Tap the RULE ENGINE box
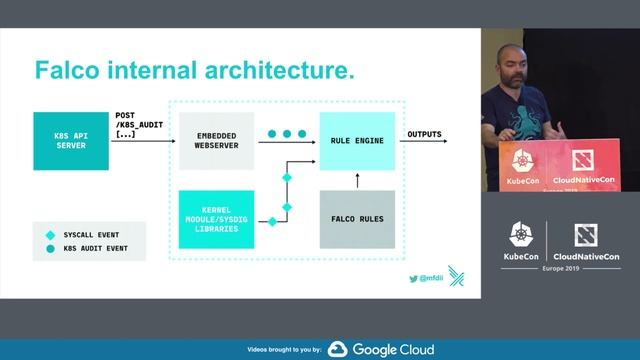[357, 139]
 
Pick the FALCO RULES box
[357, 219]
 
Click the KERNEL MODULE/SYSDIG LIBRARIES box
[215, 219]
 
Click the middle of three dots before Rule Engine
[287, 133]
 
